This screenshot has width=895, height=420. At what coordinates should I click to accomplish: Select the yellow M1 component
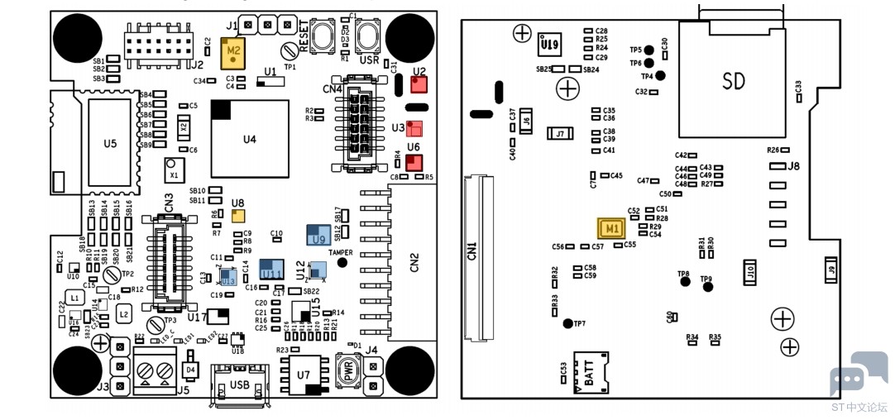(x=610, y=227)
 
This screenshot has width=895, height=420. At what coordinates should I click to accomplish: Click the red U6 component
(x=414, y=161)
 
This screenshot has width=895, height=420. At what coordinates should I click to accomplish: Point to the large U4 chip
(x=249, y=139)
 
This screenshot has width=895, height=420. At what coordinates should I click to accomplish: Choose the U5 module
(x=110, y=143)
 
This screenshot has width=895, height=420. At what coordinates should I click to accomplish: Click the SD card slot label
(x=733, y=80)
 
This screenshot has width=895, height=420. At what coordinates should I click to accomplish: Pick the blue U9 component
(x=318, y=235)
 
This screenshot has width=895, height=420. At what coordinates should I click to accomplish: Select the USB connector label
(x=240, y=385)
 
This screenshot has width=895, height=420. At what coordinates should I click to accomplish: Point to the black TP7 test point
(x=567, y=322)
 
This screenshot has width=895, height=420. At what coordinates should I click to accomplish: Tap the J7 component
(x=561, y=133)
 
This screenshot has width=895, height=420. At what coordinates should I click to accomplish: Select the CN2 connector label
(x=414, y=264)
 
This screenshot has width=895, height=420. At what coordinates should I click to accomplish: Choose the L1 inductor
(x=74, y=297)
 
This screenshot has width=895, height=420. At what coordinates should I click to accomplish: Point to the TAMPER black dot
(x=342, y=262)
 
